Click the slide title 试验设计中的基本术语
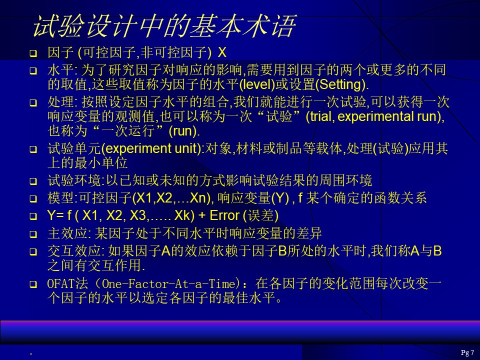[164, 26]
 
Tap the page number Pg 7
[467, 352]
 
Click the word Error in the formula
[224, 215]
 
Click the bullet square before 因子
[33, 54]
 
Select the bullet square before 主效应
[33, 234]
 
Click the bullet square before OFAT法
[33, 284]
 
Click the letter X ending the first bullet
[222, 52]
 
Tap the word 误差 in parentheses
[260, 215]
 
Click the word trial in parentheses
[321, 116]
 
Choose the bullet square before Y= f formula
[33, 216]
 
